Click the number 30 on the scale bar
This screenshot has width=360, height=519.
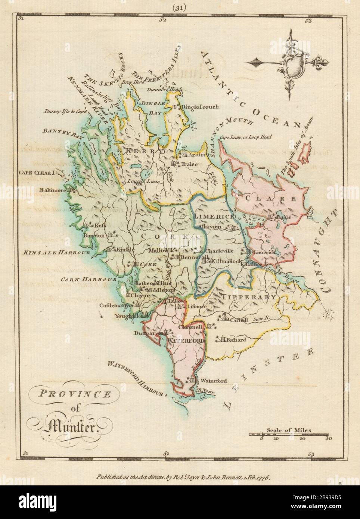[x=328, y=439]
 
